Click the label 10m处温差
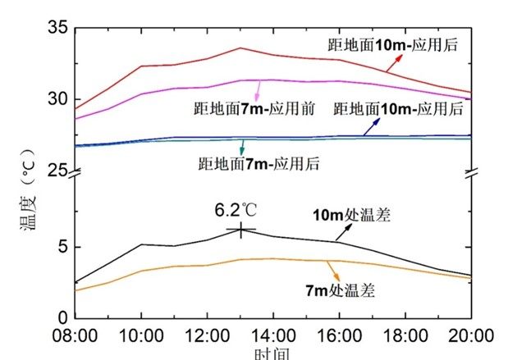[350, 217]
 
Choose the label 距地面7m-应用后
[258, 163]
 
